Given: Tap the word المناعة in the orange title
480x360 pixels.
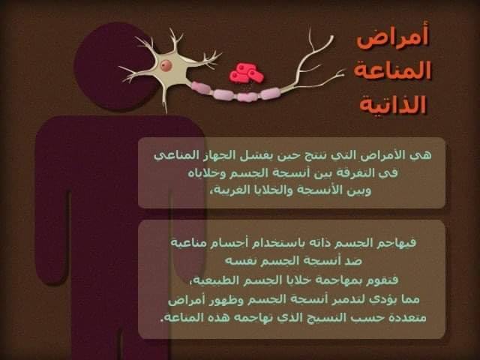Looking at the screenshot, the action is coord(392,70).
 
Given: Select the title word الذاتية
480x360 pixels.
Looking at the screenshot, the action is coord(393,104).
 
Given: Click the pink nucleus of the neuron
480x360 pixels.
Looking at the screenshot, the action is coord(166,65).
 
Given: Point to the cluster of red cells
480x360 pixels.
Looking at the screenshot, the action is coord(247,73).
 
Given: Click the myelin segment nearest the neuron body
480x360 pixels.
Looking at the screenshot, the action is coord(201,87).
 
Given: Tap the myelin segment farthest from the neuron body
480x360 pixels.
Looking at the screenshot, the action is coord(270,93).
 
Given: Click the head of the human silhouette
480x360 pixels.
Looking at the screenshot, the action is coord(115,66).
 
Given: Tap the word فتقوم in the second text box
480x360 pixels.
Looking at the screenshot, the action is coord(382,280).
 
